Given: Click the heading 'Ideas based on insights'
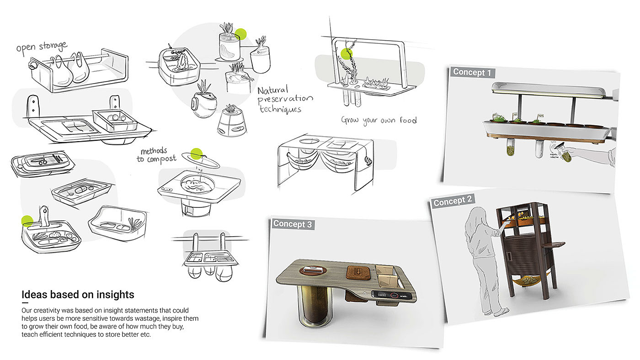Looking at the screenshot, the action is tap(78, 295).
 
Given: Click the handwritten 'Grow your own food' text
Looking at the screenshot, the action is tap(379, 120).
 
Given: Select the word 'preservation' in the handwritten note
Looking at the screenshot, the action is tap(286, 100).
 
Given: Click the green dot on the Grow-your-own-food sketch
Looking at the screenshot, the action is tap(347, 54).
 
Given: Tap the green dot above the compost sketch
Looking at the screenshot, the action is tap(197, 154).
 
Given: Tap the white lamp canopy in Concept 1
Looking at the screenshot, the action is tap(549, 90).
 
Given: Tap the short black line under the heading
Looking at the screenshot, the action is tap(25, 303).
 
